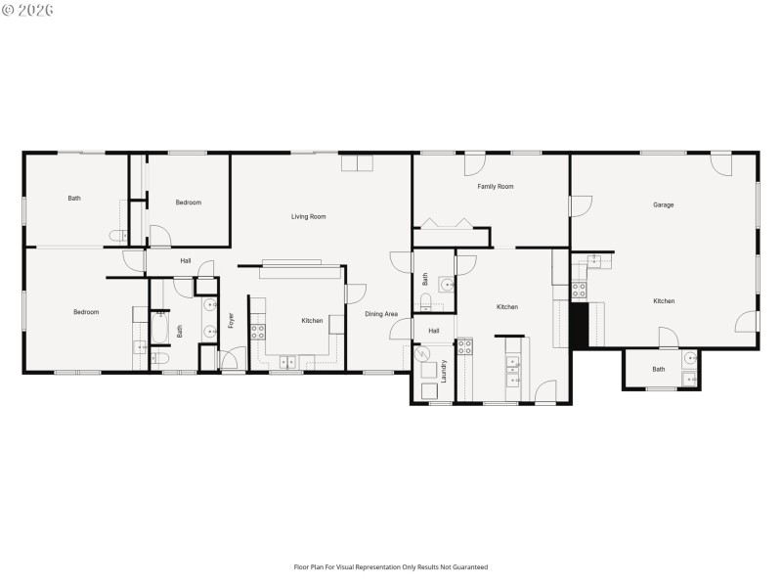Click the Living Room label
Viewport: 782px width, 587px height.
(x=309, y=216)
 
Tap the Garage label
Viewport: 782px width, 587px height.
(x=664, y=204)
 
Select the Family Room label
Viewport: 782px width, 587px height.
(x=496, y=186)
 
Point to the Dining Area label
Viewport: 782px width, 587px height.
(x=381, y=314)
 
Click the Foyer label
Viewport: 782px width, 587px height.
(x=232, y=319)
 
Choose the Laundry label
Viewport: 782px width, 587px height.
(x=443, y=372)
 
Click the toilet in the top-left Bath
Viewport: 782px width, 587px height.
(x=115, y=236)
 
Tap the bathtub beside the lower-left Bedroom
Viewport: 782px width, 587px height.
(x=158, y=329)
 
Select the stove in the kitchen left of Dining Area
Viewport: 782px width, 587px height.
(x=258, y=332)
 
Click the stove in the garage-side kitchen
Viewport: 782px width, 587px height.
(x=579, y=290)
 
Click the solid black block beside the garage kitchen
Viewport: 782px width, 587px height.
(x=578, y=324)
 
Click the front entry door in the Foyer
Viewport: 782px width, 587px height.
(x=232, y=364)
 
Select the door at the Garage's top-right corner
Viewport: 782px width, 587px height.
(x=721, y=162)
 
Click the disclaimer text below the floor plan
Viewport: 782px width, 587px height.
(x=391, y=566)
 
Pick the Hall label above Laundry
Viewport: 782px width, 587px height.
(x=433, y=331)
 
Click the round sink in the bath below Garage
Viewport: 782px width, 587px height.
(x=689, y=357)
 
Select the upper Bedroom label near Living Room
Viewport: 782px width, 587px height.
(x=189, y=203)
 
